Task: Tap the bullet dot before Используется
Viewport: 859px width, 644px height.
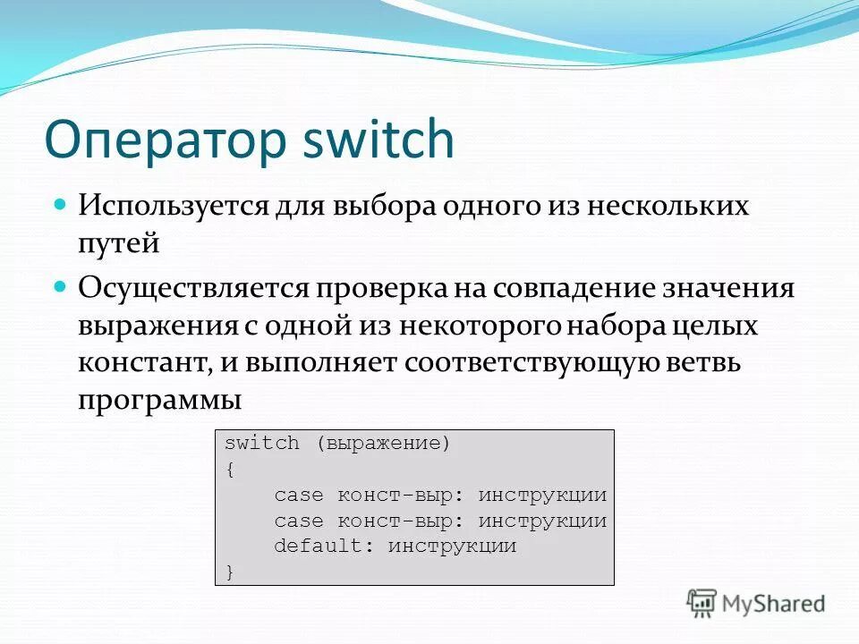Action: pyautogui.click(x=61, y=204)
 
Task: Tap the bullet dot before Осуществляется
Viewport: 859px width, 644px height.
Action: pyautogui.click(x=61, y=286)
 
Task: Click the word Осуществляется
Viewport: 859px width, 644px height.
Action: pyautogui.click(x=192, y=289)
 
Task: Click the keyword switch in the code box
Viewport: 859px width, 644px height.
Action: pyautogui.click(x=261, y=444)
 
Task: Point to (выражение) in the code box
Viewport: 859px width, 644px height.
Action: pyautogui.click(x=383, y=444)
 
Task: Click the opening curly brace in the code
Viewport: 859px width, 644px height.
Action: pyautogui.click(x=229, y=469)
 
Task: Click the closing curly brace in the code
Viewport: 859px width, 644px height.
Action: pyautogui.click(x=229, y=572)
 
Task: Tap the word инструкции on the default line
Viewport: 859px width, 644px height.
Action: pyautogui.click(x=452, y=546)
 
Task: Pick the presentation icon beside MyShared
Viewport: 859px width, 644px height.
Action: pyautogui.click(x=702, y=603)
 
